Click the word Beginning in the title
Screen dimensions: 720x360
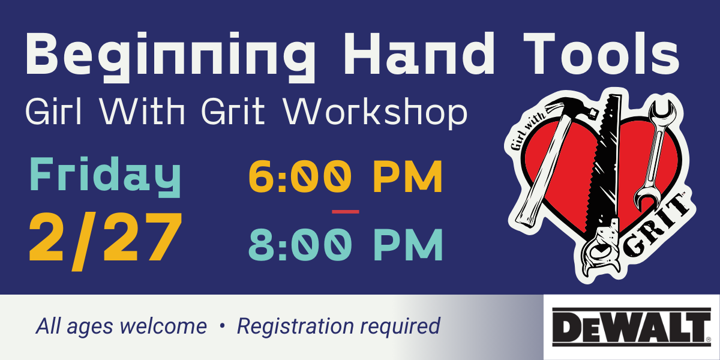coord(170,57)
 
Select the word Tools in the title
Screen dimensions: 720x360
coord(601,53)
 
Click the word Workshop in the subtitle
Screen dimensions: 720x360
coord(375,113)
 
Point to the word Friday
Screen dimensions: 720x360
coord(105,177)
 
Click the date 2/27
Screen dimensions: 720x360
coord(106,241)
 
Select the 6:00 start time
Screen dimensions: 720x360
coord(300,177)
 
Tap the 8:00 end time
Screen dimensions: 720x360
coord(300,245)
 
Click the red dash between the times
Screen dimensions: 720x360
coord(346,212)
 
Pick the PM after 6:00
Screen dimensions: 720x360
coord(408,177)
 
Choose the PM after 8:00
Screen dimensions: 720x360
coord(408,245)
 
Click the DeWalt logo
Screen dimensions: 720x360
coord(632,327)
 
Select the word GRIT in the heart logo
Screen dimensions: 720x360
coord(656,232)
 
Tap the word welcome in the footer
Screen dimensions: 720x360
coord(163,326)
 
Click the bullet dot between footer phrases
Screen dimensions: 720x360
coord(222,326)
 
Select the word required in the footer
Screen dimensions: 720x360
coord(400,327)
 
